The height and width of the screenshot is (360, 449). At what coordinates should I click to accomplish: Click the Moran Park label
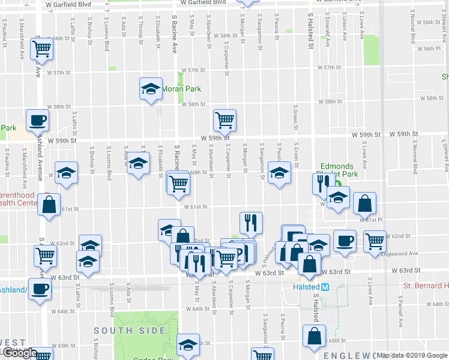click(181, 89)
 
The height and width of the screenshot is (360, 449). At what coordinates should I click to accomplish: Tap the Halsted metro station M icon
click(325, 287)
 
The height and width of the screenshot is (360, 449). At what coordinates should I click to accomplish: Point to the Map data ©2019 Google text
click(412, 355)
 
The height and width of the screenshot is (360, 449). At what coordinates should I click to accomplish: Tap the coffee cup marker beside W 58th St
click(37, 119)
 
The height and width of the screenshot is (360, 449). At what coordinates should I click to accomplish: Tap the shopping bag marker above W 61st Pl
click(364, 203)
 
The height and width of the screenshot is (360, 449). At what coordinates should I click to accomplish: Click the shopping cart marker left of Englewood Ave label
click(375, 241)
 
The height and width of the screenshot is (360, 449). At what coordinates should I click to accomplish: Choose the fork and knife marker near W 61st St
click(251, 222)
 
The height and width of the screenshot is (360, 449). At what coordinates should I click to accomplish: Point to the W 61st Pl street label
click(371, 220)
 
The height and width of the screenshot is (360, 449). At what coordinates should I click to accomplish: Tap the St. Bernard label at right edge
click(426, 285)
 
